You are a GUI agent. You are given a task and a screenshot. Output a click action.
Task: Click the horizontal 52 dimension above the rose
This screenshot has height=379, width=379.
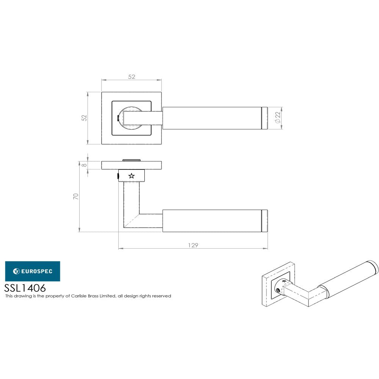[x=132, y=77]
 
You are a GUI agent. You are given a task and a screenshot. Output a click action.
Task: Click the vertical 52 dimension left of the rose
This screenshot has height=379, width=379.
[x=85, y=118]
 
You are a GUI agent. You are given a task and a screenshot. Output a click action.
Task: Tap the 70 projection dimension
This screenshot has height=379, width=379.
[x=76, y=196]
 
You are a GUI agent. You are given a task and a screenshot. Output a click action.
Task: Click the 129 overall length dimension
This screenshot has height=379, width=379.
[x=193, y=245]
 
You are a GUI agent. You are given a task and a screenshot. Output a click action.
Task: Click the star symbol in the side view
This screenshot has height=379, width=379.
[x=132, y=175]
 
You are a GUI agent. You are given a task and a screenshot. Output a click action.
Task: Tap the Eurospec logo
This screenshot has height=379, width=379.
[x=32, y=271]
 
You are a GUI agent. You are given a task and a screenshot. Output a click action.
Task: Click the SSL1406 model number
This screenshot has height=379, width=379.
[x=25, y=288]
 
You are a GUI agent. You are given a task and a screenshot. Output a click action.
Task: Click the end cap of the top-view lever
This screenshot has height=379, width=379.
[x=265, y=118]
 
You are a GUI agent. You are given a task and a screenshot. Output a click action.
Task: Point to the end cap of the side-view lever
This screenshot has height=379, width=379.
[x=265, y=221]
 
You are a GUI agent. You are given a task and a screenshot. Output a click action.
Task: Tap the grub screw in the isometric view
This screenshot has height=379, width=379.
[x=279, y=290]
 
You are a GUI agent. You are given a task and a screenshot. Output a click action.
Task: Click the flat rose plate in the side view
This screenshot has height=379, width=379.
[x=132, y=165]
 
